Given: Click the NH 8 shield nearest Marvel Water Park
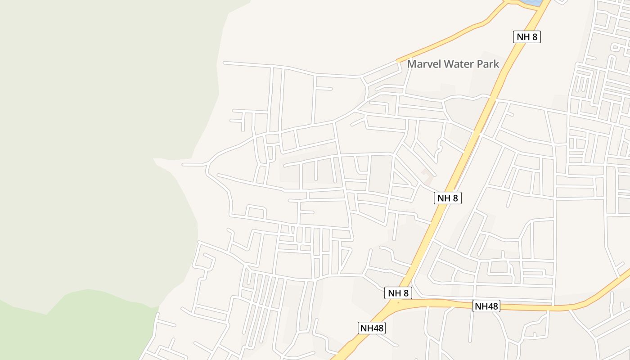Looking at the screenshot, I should coord(526,37).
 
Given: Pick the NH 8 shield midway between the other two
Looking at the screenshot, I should coord(448,198).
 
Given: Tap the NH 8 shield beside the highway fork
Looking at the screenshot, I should coord(398,293).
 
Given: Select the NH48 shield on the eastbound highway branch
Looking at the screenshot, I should coord(487,306).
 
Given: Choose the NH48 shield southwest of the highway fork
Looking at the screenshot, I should coord(372,328).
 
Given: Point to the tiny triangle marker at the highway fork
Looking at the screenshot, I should coord(398,302).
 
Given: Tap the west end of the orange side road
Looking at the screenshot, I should coord(398,60).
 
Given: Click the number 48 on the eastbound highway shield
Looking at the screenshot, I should coord(492,306).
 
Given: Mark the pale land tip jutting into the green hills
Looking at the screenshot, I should coord(157,161).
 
